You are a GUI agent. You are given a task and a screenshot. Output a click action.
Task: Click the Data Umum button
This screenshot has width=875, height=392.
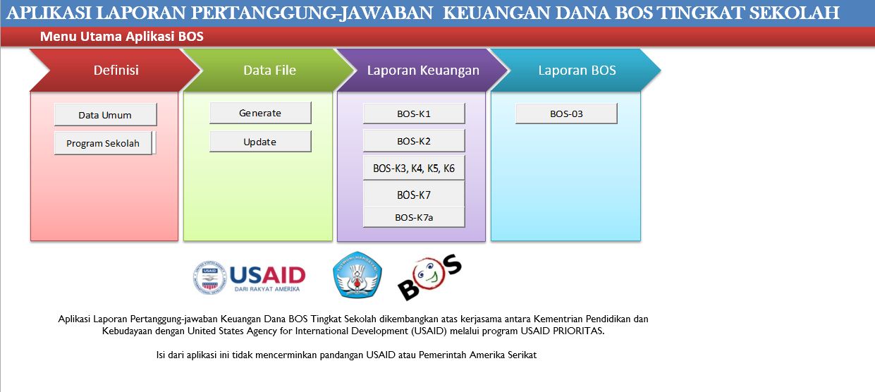point(105,115)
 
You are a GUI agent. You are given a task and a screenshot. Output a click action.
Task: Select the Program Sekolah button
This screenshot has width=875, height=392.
point(103,143)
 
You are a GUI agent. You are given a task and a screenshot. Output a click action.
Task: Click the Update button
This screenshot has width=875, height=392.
point(259,142)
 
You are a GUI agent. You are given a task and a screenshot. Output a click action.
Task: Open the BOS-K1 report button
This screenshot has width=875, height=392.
point(414,114)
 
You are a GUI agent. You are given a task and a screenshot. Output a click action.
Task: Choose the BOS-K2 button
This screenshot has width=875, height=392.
point(414,141)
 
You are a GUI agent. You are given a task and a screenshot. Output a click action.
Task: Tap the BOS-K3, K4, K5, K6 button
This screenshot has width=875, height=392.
point(414,169)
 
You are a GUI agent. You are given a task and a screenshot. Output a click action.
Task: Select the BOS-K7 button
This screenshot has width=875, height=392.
point(414,195)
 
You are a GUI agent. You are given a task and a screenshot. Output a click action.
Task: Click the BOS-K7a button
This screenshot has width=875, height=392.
point(414,217)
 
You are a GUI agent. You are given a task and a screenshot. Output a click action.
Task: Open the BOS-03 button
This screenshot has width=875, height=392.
point(566,114)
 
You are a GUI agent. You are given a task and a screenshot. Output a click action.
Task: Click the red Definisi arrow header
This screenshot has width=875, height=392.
point(116,70)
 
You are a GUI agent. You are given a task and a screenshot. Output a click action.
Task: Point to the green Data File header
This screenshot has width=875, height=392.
point(269,70)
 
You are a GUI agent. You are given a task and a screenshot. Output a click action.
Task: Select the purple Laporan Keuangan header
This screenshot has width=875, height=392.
point(423,70)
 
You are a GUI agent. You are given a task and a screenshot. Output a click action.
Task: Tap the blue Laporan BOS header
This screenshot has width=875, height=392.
point(577,70)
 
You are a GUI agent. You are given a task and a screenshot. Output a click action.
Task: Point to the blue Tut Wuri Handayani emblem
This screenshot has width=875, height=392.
point(357,275)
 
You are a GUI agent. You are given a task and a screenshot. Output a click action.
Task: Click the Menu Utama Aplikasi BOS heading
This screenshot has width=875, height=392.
point(121,37)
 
